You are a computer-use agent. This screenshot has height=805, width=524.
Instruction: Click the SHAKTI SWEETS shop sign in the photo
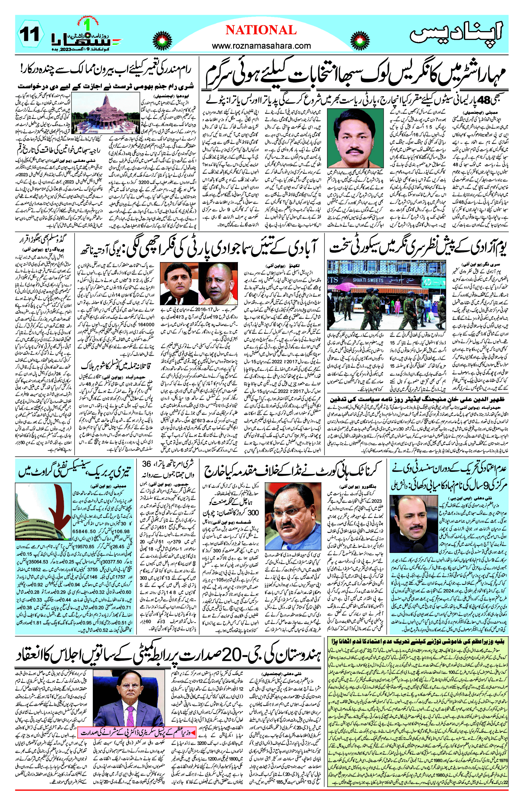(368, 280)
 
